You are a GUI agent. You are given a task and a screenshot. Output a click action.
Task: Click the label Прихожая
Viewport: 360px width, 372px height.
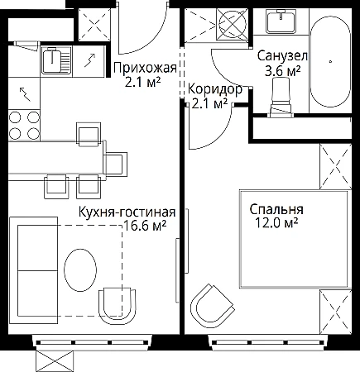[145, 68]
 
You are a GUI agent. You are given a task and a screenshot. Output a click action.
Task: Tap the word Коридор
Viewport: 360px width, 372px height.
[215, 89]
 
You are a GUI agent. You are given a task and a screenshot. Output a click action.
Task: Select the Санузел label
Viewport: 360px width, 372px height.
[282, 56]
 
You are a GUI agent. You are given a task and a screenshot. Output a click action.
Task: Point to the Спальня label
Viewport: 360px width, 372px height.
[276, 209]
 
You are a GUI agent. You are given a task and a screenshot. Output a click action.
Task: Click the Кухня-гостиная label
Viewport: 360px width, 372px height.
[127, 212]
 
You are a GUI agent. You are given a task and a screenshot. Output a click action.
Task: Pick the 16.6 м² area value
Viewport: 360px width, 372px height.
[145, 226]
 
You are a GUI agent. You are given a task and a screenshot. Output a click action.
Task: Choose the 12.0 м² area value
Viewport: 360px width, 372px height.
[276, 223]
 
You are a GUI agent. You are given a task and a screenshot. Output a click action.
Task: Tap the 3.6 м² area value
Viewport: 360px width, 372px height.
[282, 71]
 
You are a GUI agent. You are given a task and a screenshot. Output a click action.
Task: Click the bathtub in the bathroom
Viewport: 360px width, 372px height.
[330, 61]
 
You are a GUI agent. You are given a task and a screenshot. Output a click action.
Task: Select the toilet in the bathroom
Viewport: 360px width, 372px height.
[281, 98]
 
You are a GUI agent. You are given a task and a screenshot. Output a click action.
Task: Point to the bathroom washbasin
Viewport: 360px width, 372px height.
[281, 21]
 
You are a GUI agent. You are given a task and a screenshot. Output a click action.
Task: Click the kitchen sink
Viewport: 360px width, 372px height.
[56, 60]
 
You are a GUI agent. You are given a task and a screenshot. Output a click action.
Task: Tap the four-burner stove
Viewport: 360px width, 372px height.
[24, 126]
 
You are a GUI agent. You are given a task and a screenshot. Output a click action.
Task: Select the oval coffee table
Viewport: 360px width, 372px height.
[80, 269]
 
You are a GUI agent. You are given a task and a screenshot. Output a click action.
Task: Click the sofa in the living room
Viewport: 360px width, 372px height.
[33, 270]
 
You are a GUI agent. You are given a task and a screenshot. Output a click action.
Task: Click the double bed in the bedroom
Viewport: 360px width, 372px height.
[295, 239]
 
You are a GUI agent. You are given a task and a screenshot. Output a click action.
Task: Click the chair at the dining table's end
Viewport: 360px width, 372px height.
[115, 164]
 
